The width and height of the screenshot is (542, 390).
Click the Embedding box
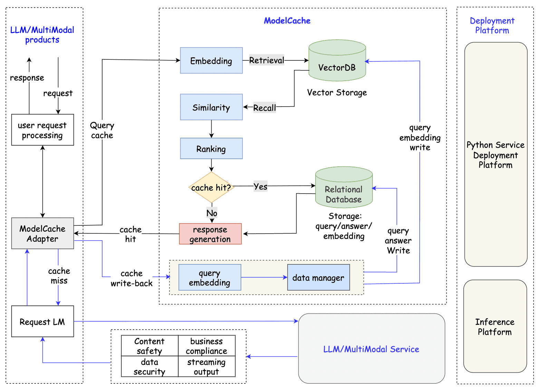coord(211,60)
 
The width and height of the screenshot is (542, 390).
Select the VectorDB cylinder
coord(337,60)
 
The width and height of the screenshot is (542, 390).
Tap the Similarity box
coord(211,107)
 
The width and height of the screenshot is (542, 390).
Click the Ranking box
coord(211,148)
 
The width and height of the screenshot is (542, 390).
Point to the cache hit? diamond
coord(211,187)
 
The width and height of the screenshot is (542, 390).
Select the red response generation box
coord(210,234)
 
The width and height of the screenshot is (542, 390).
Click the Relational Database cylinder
coord(344,187)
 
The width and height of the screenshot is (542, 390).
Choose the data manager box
coord(318,277)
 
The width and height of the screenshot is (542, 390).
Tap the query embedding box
coord(210,277)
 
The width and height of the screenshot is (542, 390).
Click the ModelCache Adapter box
coord(42,233)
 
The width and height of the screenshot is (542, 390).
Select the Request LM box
coord(42,321)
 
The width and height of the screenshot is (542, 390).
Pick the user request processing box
coord(42,130)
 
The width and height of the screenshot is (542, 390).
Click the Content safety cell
coord(149,346)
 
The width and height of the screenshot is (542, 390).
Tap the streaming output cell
coord(207,366)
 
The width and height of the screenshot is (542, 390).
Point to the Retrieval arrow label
coord(267,60)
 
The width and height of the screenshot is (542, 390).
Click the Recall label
coord(264,107)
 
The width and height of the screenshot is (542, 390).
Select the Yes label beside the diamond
coord(260,186)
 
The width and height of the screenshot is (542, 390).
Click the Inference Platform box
coord(495,326)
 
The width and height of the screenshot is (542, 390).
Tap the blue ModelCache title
coord(287,21)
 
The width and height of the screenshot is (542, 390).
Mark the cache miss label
coord(59,275)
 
